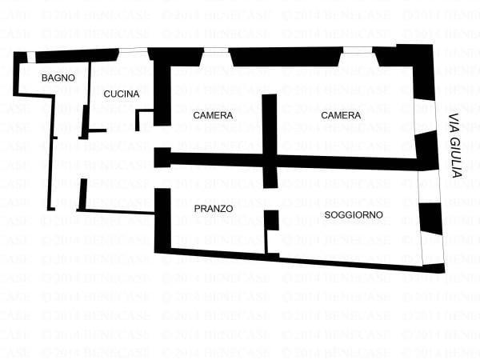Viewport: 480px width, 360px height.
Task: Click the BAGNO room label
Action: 58,78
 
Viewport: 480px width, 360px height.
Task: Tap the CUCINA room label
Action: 122,94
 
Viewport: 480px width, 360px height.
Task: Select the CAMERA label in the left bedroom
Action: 214,115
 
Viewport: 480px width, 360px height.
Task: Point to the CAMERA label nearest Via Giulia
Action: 341,115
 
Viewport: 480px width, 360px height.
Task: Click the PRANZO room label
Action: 214,208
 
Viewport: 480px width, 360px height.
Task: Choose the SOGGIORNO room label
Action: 354,214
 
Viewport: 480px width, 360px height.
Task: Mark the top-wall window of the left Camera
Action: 216,50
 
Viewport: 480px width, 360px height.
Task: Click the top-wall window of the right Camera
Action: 358,50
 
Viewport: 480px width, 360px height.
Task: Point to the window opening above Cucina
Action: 133,50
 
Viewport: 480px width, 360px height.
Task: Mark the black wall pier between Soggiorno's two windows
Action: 430,218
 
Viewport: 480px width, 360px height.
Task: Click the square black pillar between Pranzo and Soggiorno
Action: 272,219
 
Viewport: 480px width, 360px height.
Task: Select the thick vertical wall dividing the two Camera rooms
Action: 270,128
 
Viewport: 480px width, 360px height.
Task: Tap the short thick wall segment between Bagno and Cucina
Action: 84,120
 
